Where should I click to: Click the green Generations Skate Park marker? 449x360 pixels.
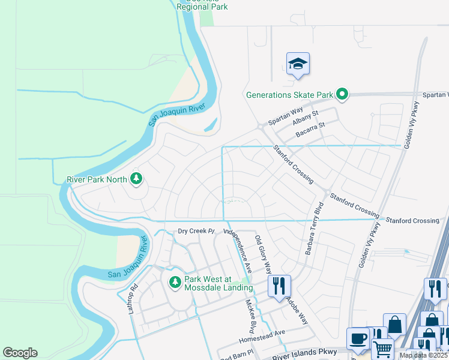pyautogui.click(x=342, y=94)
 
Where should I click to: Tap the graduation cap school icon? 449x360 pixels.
pyautogui.click(x=298, y=64)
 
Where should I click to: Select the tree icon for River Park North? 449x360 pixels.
pyautogui.click(x=137, y=178)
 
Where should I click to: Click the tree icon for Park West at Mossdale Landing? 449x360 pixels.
pyautogui.click(x=175, y=281)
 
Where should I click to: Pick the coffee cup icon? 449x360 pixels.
pyautogui.click(x=358, y=338)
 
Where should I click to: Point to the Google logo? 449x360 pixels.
pyautogui.click(x=20, y=353)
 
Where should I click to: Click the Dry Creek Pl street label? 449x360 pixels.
pyautogui.click(x=196, y=231)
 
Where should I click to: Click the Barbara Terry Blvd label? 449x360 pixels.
pyautogui.click(x=313, y=229)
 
